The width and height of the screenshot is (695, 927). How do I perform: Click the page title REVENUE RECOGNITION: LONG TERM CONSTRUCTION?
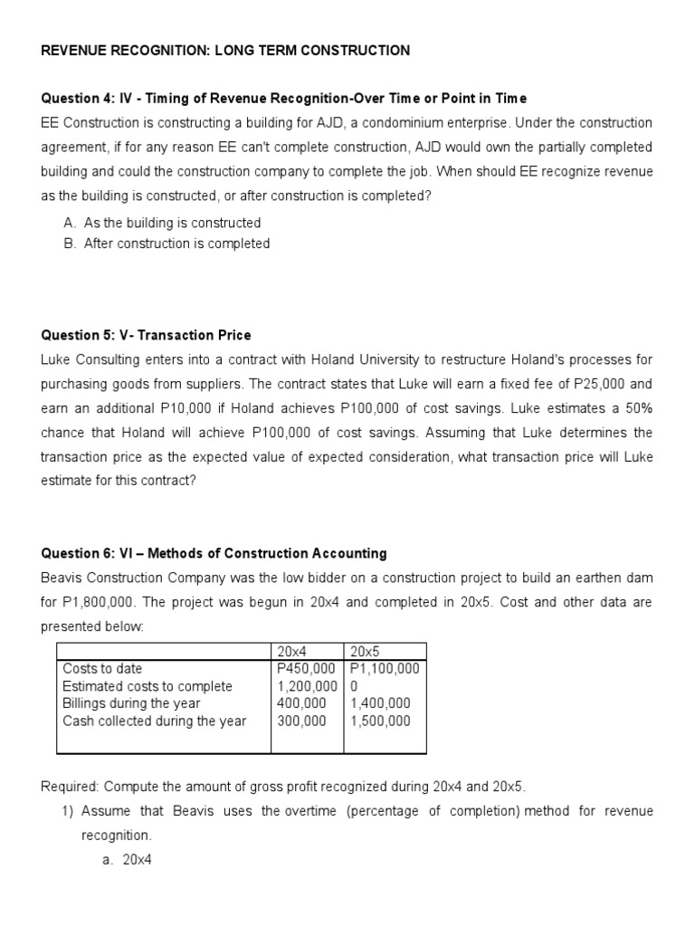(225, 51)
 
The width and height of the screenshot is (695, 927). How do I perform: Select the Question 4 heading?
(283, 98)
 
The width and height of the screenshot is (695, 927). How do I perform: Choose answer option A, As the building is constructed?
(172, 223)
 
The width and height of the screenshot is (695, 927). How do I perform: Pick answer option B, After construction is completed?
(176, 244)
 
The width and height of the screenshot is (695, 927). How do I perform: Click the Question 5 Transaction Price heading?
(147, 335)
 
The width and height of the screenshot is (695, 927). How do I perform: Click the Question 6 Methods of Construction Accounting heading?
(214, 553)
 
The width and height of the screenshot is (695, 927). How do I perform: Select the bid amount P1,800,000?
(100, 602)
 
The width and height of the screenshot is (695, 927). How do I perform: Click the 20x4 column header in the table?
(292, 651)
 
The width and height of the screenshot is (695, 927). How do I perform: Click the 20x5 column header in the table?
(365, 651)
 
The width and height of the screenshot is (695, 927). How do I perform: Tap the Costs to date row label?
(102, 668)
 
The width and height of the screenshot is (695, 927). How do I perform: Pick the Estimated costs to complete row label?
(148, 686)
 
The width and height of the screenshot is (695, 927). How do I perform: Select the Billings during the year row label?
(131, 703)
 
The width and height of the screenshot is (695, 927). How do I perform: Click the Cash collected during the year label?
(154, 722)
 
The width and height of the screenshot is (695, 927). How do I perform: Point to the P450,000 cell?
(306, 668)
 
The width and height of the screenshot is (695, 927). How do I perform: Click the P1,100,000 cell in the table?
(384, 668)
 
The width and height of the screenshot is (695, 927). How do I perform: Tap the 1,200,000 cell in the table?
(306, 686)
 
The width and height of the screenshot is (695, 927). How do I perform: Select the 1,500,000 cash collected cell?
(379, 722)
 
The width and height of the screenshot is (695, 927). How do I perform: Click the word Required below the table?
(70, 787)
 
